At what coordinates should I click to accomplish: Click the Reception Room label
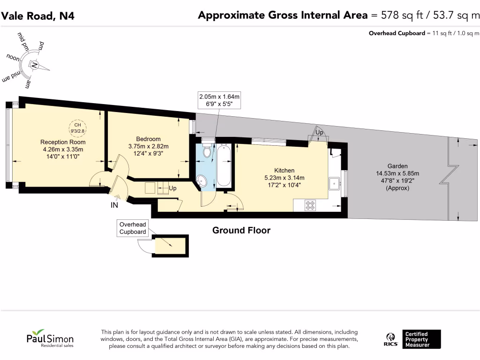63,142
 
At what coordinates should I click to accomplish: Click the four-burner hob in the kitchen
311,205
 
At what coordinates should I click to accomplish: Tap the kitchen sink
336,182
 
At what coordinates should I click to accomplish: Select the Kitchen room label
284,170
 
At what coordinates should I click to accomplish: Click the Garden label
397,166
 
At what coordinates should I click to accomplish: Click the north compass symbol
34,65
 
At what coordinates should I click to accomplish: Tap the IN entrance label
114,205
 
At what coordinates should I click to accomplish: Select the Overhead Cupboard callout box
133,228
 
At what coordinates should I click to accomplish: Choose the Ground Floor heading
241,230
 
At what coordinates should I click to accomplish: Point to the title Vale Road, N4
37,16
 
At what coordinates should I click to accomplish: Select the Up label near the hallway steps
172,188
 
